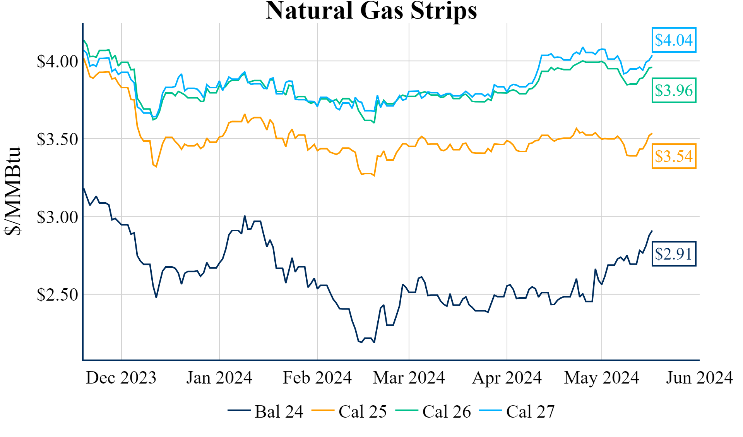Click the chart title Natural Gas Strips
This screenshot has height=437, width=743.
click(371, 11)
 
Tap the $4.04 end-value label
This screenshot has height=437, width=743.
click(674, 40)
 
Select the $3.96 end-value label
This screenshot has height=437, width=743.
click(674, 90)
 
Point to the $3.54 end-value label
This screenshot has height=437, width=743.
click(674, 156)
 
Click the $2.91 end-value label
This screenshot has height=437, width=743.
click(674, 254)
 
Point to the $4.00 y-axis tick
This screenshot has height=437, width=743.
click(57, 61)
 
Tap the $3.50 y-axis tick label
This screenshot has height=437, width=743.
click(57, 139)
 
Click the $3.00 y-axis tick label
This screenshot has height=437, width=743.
click(57, 217)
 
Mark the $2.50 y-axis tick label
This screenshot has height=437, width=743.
click(57, 295)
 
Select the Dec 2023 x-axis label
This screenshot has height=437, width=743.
click(121, 378)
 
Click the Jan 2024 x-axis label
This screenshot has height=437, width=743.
click(219, 378)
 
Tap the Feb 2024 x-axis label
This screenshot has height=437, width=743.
click(317, 378)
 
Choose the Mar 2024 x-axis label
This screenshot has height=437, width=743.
click(409, 378)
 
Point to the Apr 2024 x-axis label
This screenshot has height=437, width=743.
click(507, 378)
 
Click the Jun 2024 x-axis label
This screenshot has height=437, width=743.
click(699, 378)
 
